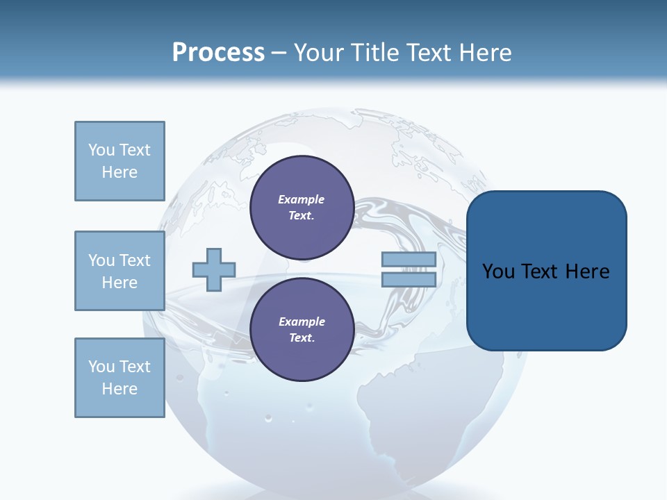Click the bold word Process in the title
pyautogui.click(x=218, y=53)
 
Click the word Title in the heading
pyautogui.click(x=376, y=53)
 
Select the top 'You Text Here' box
pyautogui.click(x=120, y=161)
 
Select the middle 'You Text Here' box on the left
pyautogui.click(x=120, y=271)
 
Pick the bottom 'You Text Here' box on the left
pyautogui.click(x=120, y=378)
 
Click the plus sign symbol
pyautogui.click(x=214, y=269)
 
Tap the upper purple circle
pyautogui.click(x=302, y=207)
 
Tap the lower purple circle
pyautogui.click(x=302, y=329)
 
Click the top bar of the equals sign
pyautogui.click(x=409, y=260)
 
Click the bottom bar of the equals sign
pyautogui.click(x=409, y=280)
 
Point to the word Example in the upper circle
pyautogui.click(x=302, y=199)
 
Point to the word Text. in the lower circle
pyautogui.click(x=302, y=337)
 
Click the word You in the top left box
pyautogui.click(x=101, y=150)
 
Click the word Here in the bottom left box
pyautogui.click(x=120, y=389)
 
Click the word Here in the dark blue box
pyautogui.click(x=587, y=272)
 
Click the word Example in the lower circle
pyautogui.click(x=302, y=322)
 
